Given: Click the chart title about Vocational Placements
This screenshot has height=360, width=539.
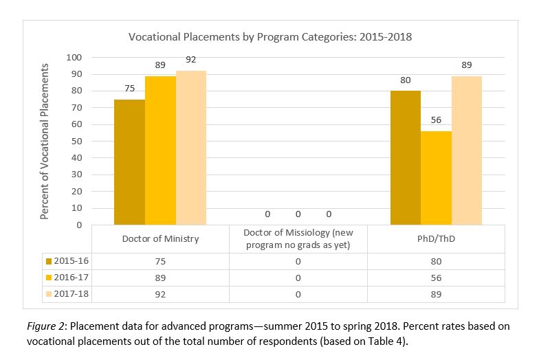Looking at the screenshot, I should pyautogui.click(x=270, y=36).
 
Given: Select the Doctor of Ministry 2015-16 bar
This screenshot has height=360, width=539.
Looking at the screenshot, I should pyautogui.click(x=129, y=162).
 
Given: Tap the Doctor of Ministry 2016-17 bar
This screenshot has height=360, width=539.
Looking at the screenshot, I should pyautogui.click(x=160, y=150).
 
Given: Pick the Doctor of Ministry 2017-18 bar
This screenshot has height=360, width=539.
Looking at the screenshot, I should pyautogui.click(x=191, y=148).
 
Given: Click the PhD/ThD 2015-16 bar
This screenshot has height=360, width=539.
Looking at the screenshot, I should pyautogui.click(x=406, y=158).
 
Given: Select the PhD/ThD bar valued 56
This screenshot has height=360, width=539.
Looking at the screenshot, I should pyautogui.click(x=436, y=178).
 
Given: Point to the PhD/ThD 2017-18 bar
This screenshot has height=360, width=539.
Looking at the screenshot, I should pyautogui.click(x=467, y=150).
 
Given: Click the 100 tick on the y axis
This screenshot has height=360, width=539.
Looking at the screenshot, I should pyautogui.click(x=73, y=57).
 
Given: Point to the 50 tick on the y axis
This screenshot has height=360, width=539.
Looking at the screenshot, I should pyautogui.click(x=76, y=141).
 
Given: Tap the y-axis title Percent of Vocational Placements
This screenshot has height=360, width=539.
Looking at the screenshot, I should pyautogui.click(x=45, y=141).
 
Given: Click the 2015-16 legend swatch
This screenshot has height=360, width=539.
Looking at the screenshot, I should pyautogui.click(x=48, y=261).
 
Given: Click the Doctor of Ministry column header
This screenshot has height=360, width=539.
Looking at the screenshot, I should pyautogui.click(x=160, y=239).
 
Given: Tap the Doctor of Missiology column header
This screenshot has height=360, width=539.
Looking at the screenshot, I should pyautogui.click(x=298, y=239).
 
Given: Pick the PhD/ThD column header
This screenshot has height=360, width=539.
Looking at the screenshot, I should pyautogui.click(x=436, y=239).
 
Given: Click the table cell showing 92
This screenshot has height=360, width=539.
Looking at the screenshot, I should pyautogui.click(x=160, y=294).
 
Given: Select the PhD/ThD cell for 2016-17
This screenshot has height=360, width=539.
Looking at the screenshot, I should pyautogui.click(x=436, y=278).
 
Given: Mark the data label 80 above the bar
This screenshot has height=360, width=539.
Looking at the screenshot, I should pyautogui.click(x=406, y=80).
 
